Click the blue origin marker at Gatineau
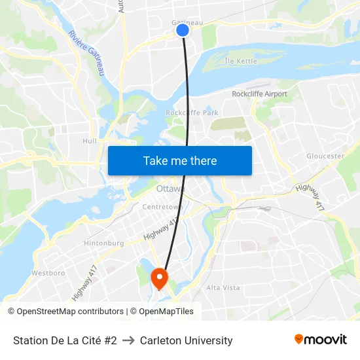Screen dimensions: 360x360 click(x=183, y=30)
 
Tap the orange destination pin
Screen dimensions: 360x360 click(x=159, y=278)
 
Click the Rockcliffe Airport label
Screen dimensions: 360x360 click(x=259, y=94)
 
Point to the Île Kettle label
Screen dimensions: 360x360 click(x=241, y=62)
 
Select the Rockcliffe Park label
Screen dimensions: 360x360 click(x=192, y=113)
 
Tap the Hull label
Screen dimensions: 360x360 click(x=90, y=141)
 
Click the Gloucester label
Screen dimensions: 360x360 click(x=325, y=156)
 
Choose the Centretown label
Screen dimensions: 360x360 click(x=162, y=207)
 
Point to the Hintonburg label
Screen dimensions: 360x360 click(x=103, y=243)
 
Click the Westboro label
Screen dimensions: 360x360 click(x=48, y=272)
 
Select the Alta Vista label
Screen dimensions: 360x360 click(x=223, y=288)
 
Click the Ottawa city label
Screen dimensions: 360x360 click(x=170, y=189)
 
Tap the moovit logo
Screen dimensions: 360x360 click(x=320, y=340)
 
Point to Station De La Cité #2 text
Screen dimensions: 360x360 click(x=65, y=340)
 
